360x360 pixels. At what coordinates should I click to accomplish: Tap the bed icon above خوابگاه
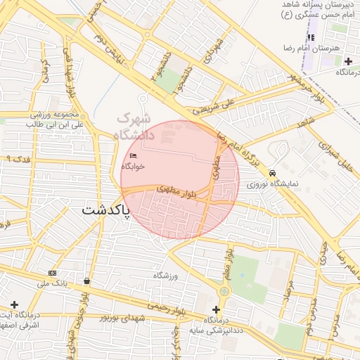click(134, 156)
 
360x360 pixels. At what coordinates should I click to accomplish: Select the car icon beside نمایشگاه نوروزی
click(272, 173)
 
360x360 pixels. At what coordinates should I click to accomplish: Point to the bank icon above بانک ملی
click(52, 273)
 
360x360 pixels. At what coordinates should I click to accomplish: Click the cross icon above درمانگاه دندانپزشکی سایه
click(216, 309)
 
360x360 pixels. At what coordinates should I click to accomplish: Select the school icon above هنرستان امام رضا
click(310, 37)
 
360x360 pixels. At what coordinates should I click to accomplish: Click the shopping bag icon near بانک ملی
click(86, 281)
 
